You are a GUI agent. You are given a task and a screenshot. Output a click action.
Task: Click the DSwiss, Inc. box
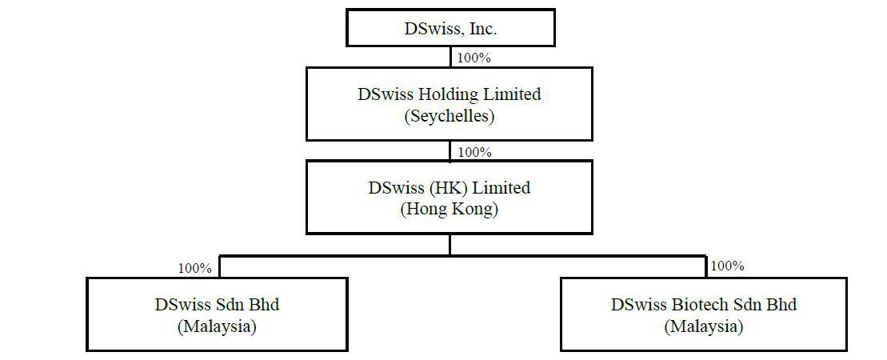click(x=450, y=27)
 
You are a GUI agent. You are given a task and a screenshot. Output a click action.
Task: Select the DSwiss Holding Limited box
click(x=449, y=104)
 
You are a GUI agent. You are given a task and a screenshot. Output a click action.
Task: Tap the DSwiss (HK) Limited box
click(x=449, y=197)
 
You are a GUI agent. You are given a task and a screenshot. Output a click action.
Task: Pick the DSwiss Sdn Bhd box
click(x=217, y=314)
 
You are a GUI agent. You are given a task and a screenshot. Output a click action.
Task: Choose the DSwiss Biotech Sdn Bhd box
click(x=704, y=314)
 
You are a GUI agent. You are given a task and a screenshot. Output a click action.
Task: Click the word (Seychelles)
click(x=449, y=117)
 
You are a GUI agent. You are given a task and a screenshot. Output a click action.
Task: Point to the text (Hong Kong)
click(x=449, y=210)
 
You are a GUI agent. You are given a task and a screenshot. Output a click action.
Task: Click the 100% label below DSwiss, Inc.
click(x=474, y=58)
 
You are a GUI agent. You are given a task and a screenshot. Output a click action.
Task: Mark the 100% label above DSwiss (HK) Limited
click(x=474, y=152)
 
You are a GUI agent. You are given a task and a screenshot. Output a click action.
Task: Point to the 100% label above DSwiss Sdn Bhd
click(x=195, y=268)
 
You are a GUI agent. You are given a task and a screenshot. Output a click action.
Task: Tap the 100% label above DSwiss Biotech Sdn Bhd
click(x=728, y=266)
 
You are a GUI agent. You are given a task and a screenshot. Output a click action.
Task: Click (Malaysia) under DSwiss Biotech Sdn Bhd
click(x=704, y=326)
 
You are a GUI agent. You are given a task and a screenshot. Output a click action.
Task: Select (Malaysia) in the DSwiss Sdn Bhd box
click(x=217, y=326)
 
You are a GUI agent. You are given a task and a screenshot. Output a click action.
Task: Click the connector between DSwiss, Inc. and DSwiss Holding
click(x=450, y=57)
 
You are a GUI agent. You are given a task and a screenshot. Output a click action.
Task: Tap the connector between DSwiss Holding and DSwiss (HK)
click(x=450, y=150)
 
